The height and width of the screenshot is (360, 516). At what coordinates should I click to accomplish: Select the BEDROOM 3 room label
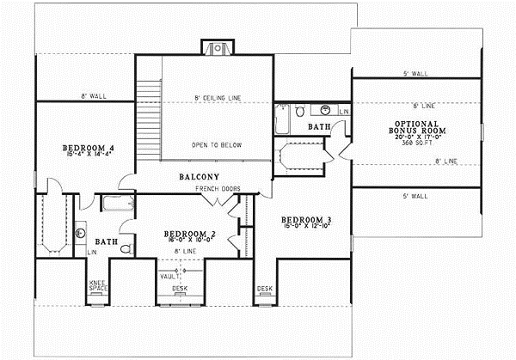306,221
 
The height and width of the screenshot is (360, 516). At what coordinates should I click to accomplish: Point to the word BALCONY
202,176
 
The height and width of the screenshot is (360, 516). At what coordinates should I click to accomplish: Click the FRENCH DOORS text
216,187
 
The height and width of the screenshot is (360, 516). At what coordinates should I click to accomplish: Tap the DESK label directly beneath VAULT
179,289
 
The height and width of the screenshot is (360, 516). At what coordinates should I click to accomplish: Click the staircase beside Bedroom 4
149,119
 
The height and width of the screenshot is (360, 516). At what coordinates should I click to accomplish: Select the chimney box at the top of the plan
217,47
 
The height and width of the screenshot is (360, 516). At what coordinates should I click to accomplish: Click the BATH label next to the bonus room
320,127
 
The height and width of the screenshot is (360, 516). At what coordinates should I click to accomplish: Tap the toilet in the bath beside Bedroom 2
126,248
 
